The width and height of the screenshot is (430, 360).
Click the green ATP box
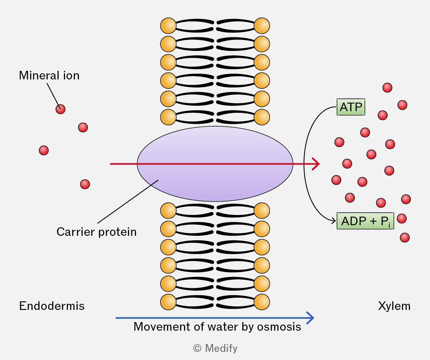click(351, 107)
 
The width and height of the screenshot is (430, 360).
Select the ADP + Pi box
click(365, 221)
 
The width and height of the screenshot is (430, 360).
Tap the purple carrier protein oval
click(215, 164)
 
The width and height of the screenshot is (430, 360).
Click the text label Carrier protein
click(97, 232)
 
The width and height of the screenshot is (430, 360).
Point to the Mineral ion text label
click(49, 75)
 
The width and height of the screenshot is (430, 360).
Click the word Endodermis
click(52, 306)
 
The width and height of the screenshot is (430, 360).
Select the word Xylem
click(394, 306)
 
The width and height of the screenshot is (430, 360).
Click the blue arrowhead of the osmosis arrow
click(310, 318)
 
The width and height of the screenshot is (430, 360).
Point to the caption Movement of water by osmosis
click(217, 327)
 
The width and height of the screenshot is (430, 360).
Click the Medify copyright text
click(215, 348)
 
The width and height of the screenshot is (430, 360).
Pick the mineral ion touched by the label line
click(60, 109)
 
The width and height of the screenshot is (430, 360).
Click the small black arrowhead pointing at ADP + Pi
click(333, 220)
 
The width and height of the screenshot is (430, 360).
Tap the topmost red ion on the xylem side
click(387, 88)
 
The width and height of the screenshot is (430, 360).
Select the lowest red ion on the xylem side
click(405, 237)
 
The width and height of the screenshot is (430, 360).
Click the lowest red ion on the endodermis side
click(85, 184)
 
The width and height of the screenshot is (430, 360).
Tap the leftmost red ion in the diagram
click(44, 150)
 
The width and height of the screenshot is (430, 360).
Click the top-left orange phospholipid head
click(168, 26)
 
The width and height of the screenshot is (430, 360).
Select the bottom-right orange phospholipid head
click(262, 302)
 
